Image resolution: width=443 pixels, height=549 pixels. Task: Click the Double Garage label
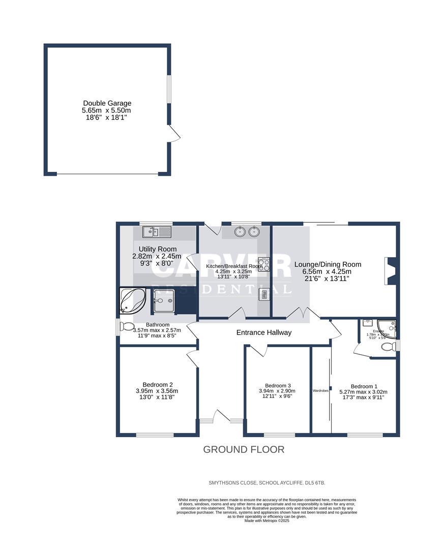point(107,103)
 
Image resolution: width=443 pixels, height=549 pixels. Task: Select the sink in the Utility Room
point(158,232)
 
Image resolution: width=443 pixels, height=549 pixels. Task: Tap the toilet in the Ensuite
point(389,347)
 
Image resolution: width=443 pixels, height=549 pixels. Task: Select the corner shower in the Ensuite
point(387,328)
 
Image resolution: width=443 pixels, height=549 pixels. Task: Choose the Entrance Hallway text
point(264,332)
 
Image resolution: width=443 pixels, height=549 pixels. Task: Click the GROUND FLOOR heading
point(244,449)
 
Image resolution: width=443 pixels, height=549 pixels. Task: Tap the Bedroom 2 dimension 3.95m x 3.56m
point(157,391)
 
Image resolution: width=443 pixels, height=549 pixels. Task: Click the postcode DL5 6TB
point(320,482)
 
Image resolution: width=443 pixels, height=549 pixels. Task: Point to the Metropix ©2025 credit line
point(267,521)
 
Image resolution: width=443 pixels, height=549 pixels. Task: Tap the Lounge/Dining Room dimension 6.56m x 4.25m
point(328,271)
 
